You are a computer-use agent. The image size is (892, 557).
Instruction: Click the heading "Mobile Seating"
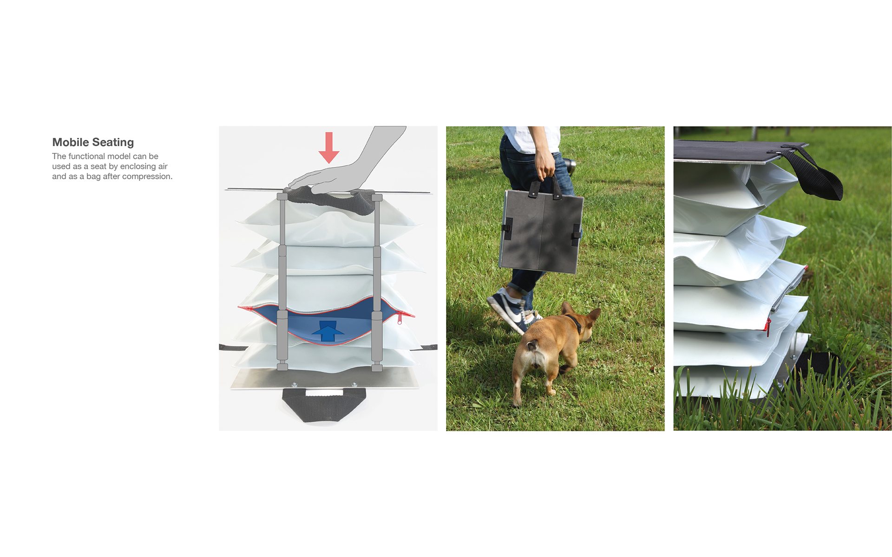click(x=93, y=142)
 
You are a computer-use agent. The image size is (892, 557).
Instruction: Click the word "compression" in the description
click(x=146, y=176)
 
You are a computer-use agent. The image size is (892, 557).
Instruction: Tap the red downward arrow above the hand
click(x=329, y=148)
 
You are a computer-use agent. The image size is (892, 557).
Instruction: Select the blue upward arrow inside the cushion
click(x=328, y=331)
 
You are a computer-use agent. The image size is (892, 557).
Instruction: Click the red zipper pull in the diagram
click(x=400, y=318)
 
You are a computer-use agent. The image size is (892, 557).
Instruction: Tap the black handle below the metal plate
click(x=324, y=405)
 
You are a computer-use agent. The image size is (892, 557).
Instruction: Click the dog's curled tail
click(x=531, y=346)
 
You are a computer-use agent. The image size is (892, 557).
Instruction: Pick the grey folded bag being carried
click(x=541, y=231)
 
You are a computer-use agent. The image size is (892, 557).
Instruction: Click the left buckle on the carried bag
click(x=508, y=228)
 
